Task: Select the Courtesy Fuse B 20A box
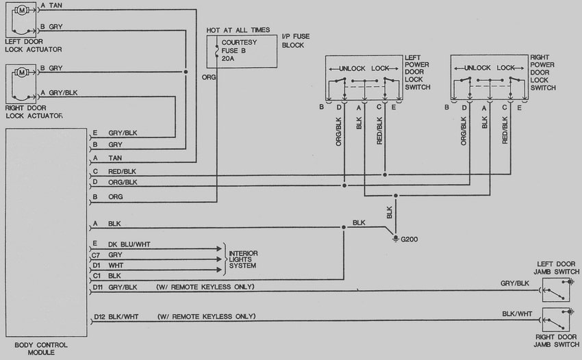(x=242, y=51)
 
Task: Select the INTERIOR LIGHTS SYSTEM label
(x=243, y=259)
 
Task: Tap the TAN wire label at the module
(x=116, y=158)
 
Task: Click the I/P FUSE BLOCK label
(x=293, y=40)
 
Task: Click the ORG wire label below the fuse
(x=209, y=78)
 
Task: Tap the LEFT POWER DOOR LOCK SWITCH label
(x=418, y=73)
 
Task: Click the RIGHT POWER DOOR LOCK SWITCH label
(x=543, y=73)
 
